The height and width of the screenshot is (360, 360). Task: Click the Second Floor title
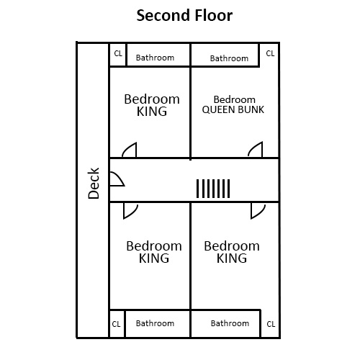click(184, 15)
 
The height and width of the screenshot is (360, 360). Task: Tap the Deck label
click(94, 183)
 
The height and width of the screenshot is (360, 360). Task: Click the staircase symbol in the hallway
click(213, 189)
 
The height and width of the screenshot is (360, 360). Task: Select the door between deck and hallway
click(116, 179)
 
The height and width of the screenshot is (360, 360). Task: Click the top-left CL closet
click(118, 54)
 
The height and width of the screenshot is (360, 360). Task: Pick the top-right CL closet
click(270, 54)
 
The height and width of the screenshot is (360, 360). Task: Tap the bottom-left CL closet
click(117, 324)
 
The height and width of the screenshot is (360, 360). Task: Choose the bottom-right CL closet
click(271, 324)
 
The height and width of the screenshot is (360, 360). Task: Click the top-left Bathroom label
click(156, 58)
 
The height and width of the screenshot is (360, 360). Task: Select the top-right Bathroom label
click(229, 58)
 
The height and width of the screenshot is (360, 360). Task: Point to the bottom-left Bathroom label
click(156, 324)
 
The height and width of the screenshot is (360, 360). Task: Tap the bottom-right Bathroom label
click(230, 324)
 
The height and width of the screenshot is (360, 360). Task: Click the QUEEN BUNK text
click(233, 110)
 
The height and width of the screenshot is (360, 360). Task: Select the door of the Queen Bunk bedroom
click(255, 150)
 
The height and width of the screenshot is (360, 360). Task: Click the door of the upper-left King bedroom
click(130, 150)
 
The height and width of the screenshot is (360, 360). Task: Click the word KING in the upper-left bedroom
click(152, 112)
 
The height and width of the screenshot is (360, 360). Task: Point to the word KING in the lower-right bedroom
click(231, 258)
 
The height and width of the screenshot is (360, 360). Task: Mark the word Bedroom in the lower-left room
click(154, 246)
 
